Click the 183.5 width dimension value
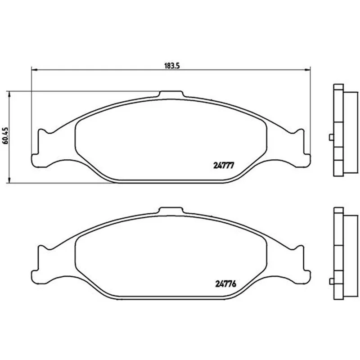click(172, 66)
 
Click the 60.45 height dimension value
click(6, 136)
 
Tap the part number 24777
click(223, 165)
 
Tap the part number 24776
click(226, 284)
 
